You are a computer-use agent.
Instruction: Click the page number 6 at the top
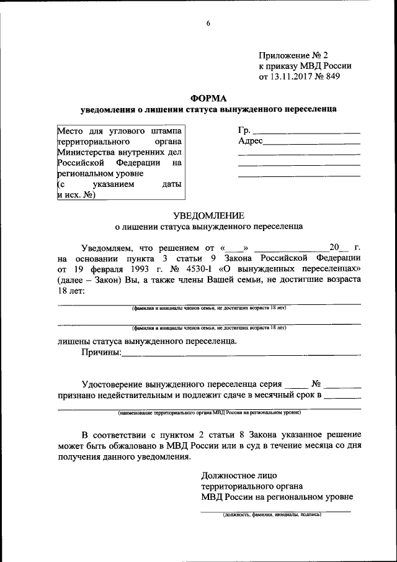point(208,24)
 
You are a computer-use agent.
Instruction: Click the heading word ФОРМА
point(208,98)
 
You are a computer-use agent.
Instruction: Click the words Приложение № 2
point(290,55)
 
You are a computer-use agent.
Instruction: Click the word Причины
point(101,354)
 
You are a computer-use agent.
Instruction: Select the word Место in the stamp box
point(70,130)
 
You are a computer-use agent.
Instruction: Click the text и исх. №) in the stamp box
point(76,194)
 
